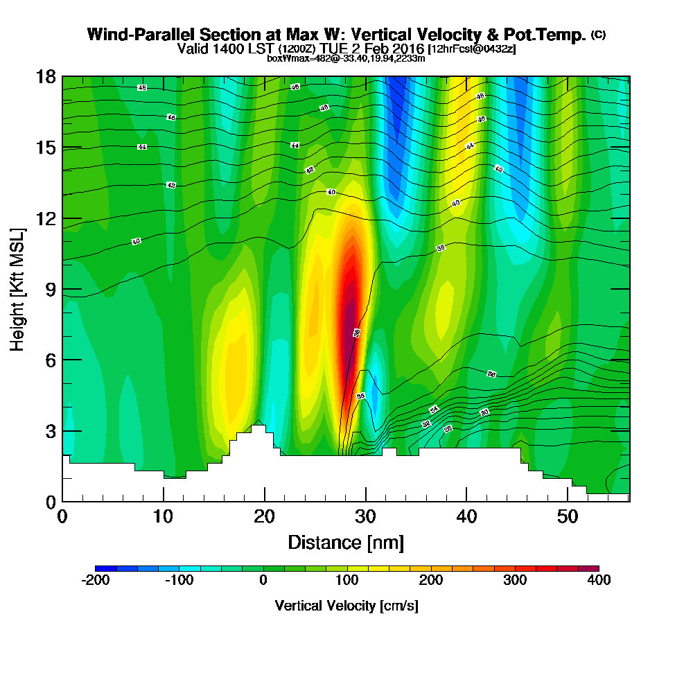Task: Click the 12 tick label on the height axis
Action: pos(46,218)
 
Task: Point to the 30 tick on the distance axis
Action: pos(365,517)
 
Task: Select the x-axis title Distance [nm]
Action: pos(346,542)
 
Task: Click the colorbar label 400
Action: pos(599,581)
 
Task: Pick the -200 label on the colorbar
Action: pos(94,581)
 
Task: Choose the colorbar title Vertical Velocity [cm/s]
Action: pos(346,606)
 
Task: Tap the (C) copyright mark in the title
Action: pos(598,34)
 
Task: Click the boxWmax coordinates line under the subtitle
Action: pos(346,58)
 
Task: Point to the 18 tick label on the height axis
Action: pos(46,77)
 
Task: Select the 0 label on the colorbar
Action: pos(263,581)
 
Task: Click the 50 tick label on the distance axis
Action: pos(568,517)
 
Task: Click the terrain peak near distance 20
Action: pos(258,428)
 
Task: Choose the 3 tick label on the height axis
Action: pos(51,430)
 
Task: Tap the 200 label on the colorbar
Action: pos(430,581)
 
